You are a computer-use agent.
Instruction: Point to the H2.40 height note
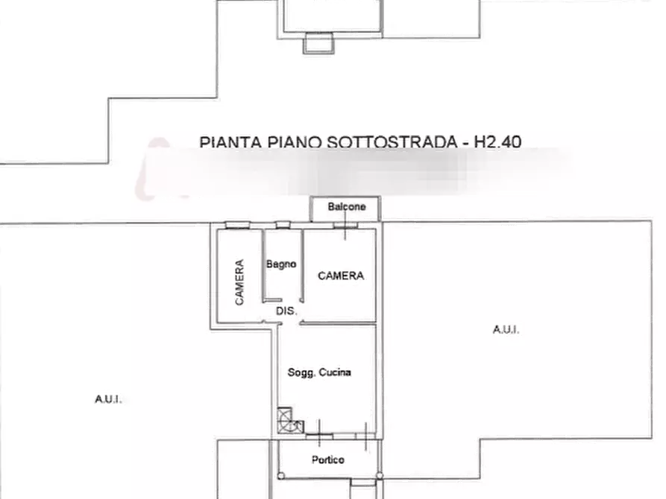click(x=498, y=141)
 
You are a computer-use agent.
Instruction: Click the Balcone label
click(x=347, y=207)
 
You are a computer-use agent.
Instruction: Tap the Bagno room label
click(x=282, y=264)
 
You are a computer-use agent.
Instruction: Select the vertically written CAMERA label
click(x=239, y=281)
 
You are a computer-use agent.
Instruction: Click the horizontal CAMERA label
click(x=341, y=276)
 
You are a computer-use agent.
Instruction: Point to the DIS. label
click(x=285, y=311)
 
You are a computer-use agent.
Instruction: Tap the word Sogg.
click(x=302, y=372)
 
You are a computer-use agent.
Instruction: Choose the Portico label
click(x=328, y=460)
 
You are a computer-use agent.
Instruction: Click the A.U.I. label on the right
click(x=505, y=328)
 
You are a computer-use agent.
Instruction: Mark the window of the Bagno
click(x=282, y=226)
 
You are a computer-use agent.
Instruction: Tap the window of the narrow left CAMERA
click(x=239, y=226)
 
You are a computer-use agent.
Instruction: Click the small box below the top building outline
click(x=318, y=43)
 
